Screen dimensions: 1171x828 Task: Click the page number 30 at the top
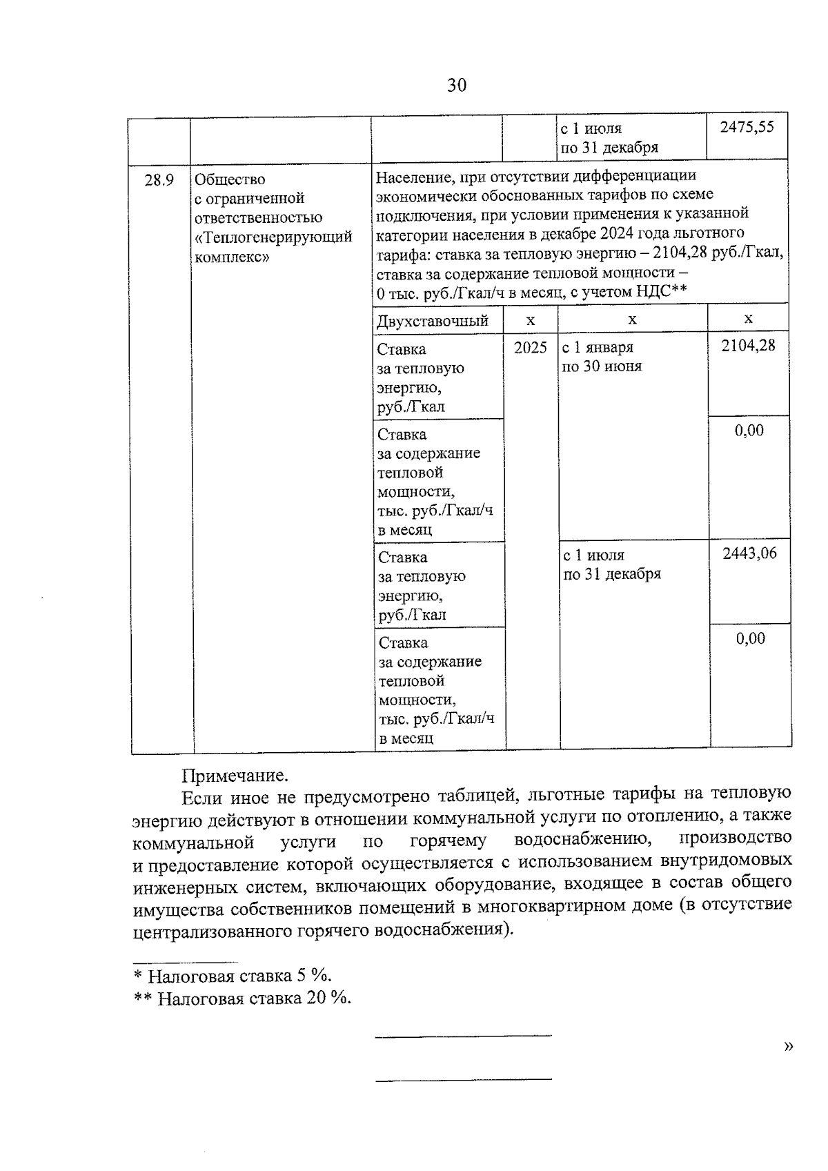457,85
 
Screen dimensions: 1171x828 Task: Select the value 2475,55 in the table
747,127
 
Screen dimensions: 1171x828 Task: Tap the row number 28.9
159,180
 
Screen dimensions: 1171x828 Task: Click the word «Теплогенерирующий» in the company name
274,237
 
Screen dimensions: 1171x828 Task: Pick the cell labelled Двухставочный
433,321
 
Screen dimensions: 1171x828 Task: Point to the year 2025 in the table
530,347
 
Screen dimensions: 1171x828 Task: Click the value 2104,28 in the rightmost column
748,345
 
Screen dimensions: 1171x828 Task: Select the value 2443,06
749,553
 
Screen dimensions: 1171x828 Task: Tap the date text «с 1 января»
598,347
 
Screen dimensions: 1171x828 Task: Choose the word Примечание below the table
235,776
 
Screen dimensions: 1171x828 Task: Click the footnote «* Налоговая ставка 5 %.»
233,976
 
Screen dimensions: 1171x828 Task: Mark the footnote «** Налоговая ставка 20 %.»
242,998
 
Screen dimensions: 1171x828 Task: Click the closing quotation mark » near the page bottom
789,1047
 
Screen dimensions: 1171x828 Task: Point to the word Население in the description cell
410,177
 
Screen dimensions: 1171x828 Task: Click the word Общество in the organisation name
230,180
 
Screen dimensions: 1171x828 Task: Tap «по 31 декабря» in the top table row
609,148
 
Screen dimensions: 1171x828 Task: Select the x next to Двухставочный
530,319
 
